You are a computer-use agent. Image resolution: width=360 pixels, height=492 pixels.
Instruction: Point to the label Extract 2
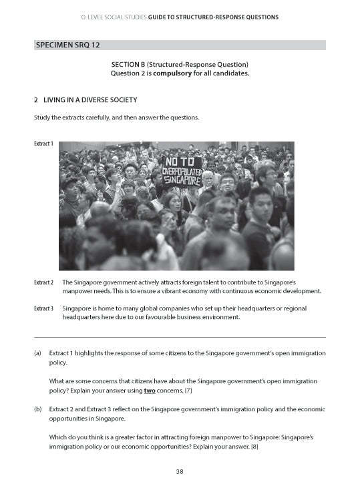[44, 283]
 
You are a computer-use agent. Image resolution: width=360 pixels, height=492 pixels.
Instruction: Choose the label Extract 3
[44, 309]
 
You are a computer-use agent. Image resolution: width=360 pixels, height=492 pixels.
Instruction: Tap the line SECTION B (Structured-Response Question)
[180, 63]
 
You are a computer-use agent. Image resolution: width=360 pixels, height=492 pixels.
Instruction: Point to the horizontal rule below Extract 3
[180, 337]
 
